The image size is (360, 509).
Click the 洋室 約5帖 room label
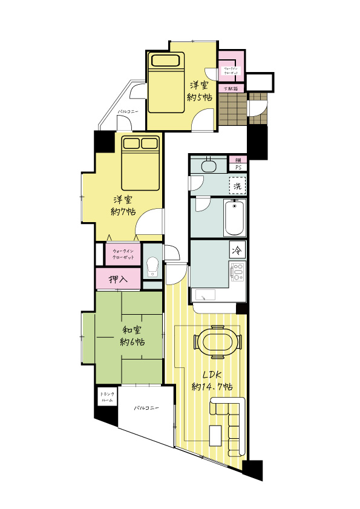point(200,91)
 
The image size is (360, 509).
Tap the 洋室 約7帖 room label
point(123,206)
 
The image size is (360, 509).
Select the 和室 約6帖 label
point(133,336)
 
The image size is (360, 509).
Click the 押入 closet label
point(118,280)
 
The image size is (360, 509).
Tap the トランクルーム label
point(106,397)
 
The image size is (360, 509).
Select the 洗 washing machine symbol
point(237,185)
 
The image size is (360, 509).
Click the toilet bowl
point(153,267)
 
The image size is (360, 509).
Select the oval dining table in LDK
point(216,340)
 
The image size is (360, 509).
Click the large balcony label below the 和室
point(146,409)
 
